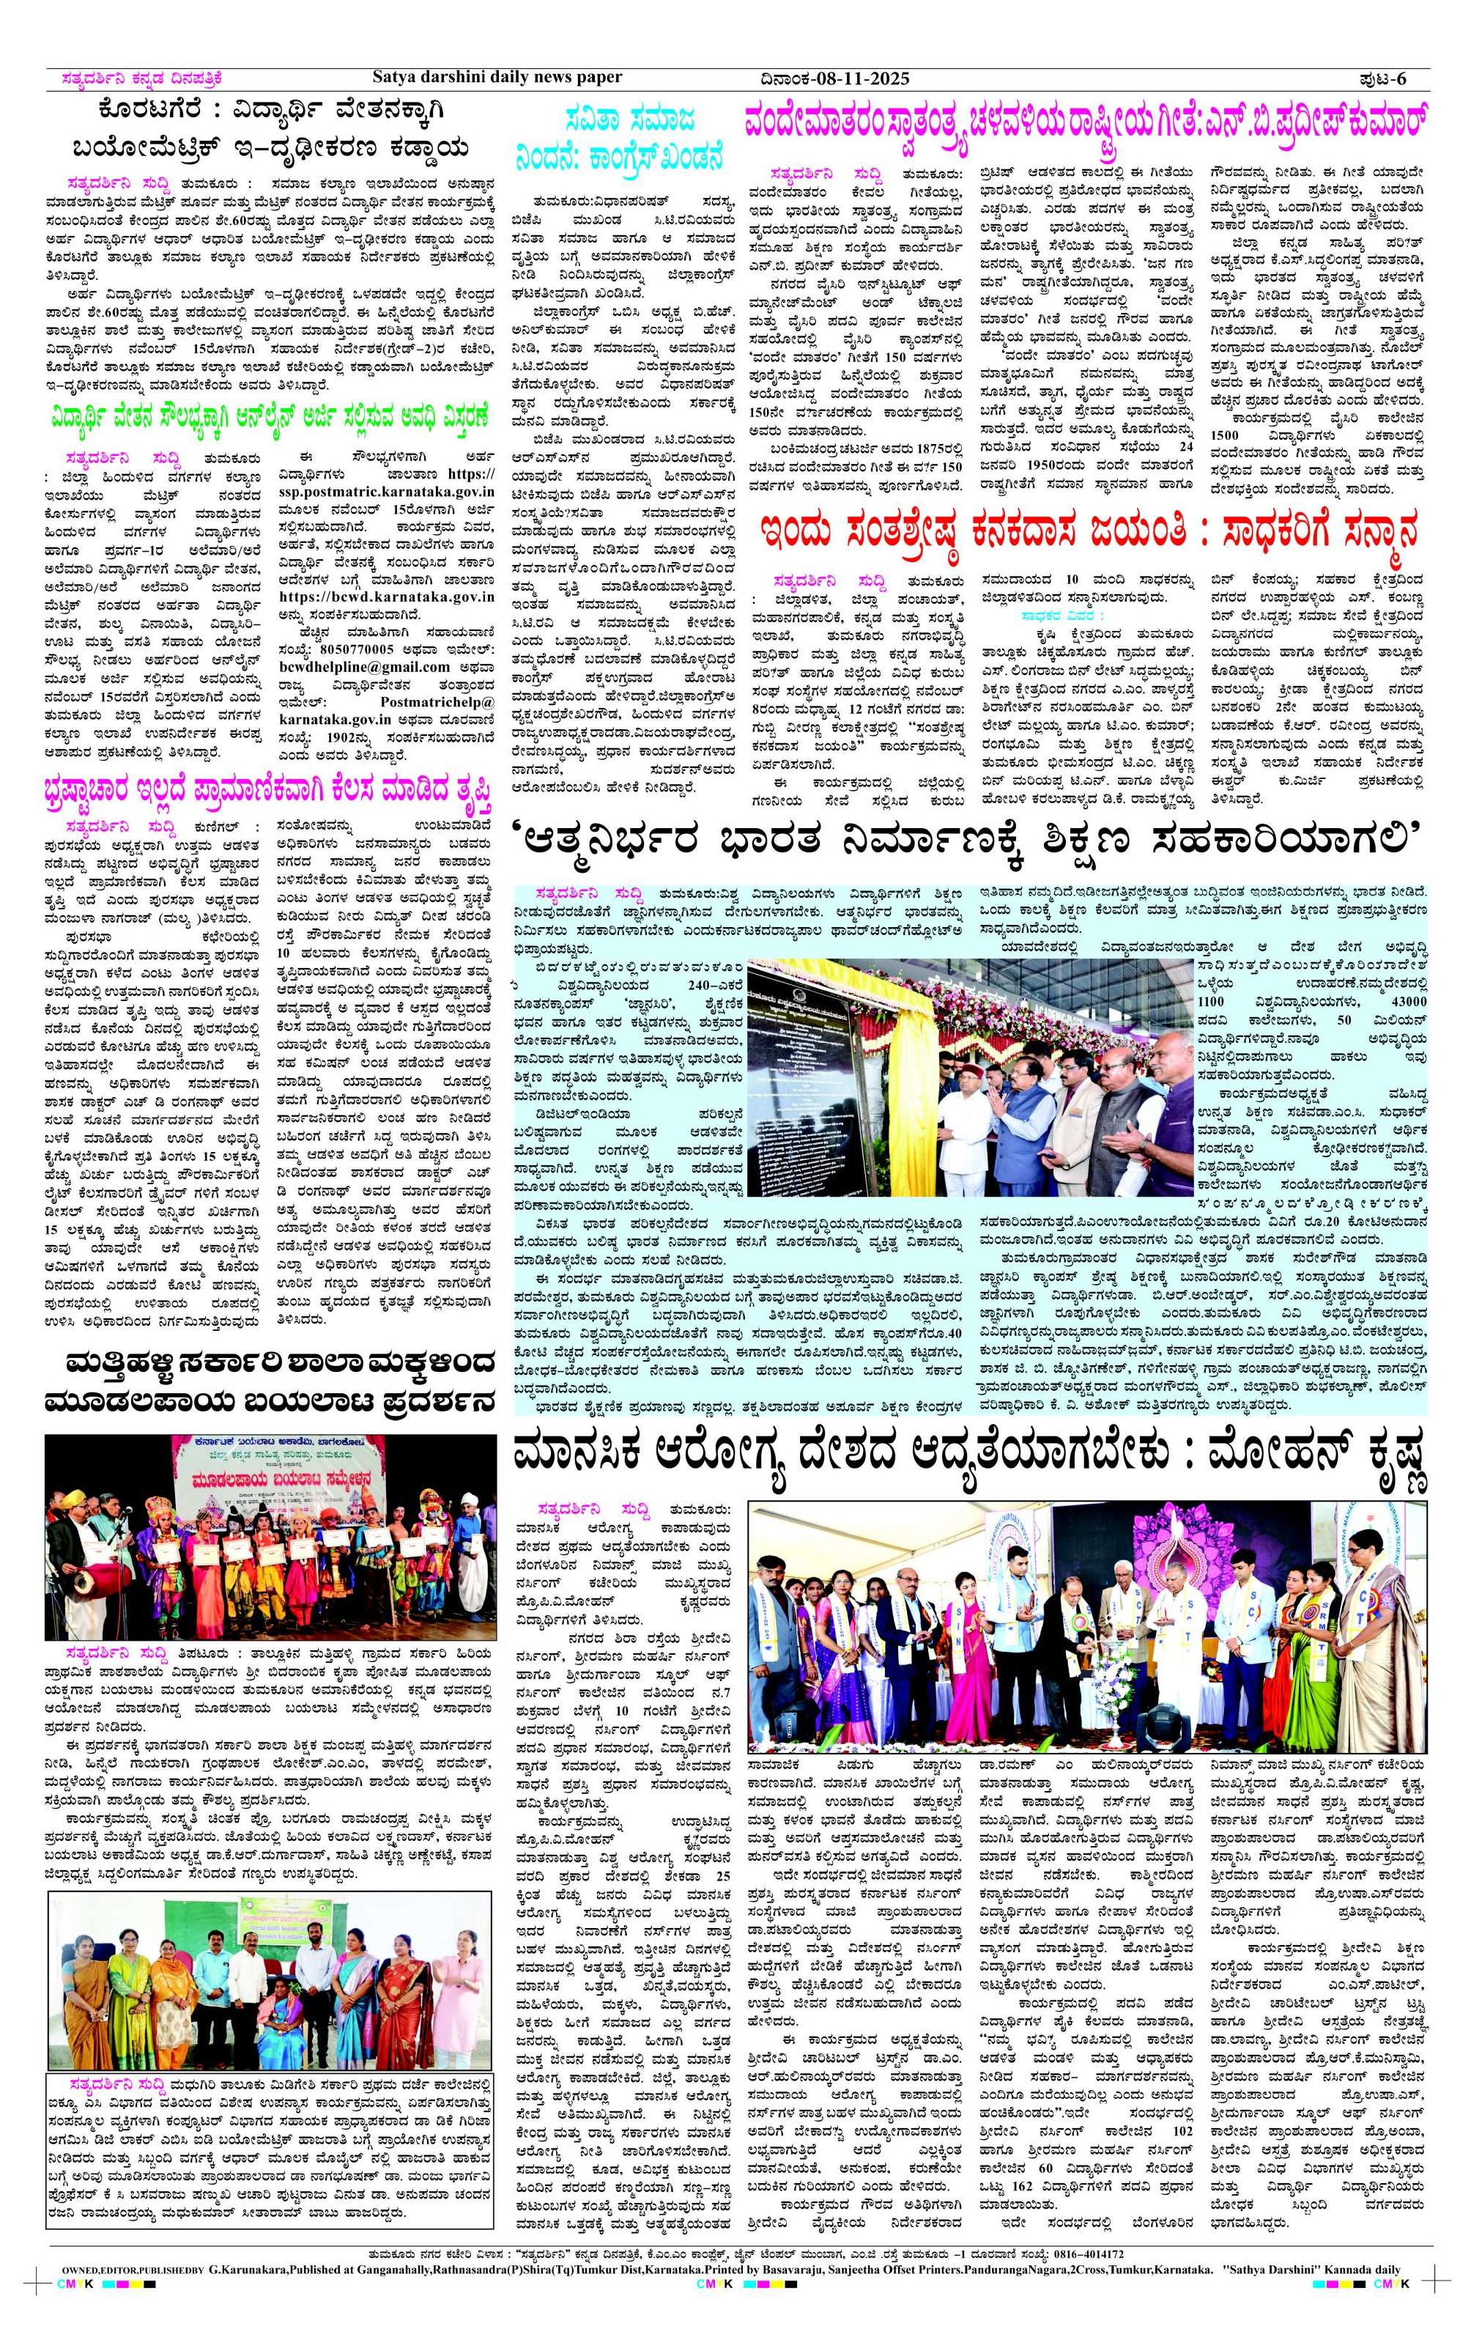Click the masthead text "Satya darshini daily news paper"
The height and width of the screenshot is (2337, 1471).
[497, 77]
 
